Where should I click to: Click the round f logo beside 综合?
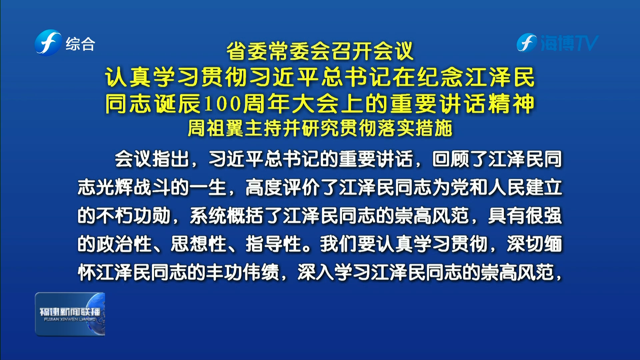coord(48,43)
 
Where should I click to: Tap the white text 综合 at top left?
coord(80,44)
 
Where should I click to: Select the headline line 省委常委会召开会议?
coord(320,51)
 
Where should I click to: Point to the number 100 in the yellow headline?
coord(222,104)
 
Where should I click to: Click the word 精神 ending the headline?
coord(511,104)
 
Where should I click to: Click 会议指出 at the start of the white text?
coord(152,159)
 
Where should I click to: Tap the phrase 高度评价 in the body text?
coord(282,187)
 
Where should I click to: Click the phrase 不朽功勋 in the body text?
coord(133,216)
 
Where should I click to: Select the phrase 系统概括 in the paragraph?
coord(227,216)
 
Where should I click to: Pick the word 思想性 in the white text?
coord(199,244)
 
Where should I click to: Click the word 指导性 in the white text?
coord(273,244)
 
